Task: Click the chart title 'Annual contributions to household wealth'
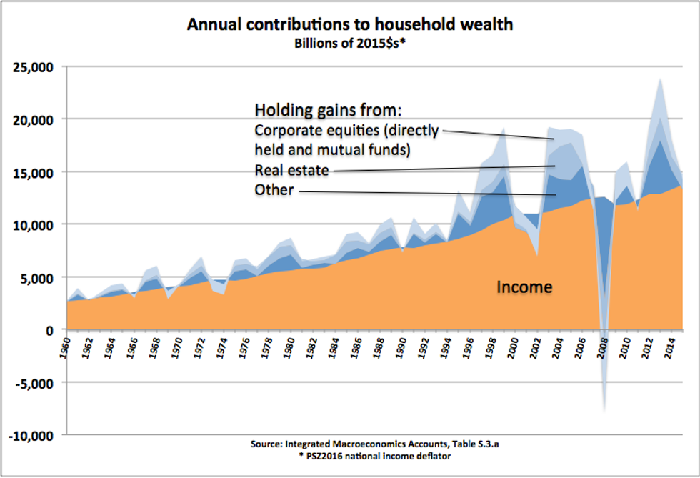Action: click(x=350, y=24)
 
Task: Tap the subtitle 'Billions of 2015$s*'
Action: click(x=350, y=42)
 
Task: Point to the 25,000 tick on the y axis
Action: click(x=34, y=67)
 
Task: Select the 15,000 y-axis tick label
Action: click(x=34, y=172)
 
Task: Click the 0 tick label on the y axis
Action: click(x=51, y=330)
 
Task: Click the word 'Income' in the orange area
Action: click(x=525, y=287)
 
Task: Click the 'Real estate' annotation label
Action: click(x=291, y=170)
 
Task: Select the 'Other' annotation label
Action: click(x=274, y=190)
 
